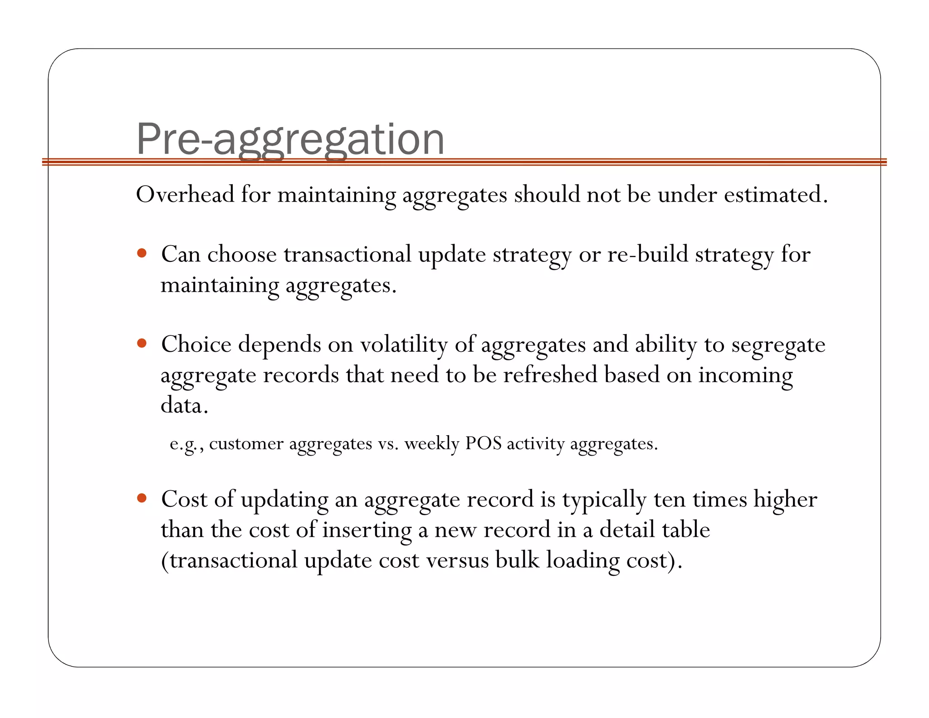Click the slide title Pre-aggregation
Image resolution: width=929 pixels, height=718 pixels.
[290, 139]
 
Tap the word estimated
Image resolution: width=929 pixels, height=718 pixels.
[775, 195]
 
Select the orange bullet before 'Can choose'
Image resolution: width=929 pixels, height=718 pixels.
[142, 253]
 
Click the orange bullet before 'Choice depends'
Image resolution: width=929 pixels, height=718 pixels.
[142, 343]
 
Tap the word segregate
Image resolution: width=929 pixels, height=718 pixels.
[778, 345]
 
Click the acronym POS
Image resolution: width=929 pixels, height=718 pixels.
[483, 443]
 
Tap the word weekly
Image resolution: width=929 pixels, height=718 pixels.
[432, 443]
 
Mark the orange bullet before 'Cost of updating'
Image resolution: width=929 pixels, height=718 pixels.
[142, 498]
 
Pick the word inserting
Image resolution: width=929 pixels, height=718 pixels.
[367, 530]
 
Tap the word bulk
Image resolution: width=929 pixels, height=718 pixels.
[517, 560]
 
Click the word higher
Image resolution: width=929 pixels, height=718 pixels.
[785, 500]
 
